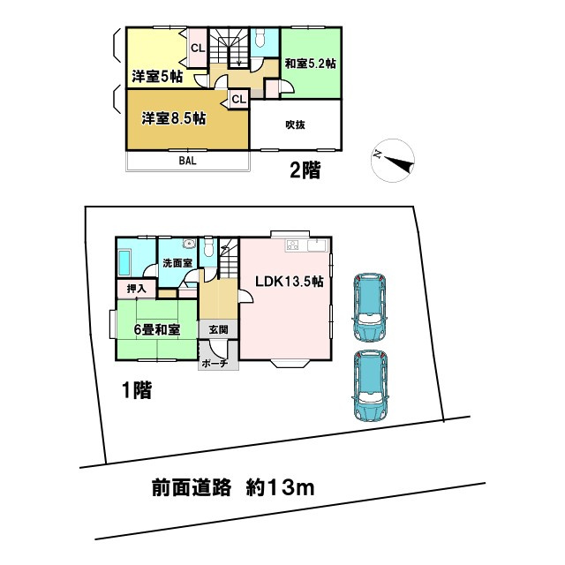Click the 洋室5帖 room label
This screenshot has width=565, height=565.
[157, 74]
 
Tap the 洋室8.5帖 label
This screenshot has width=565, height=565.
[175, 117]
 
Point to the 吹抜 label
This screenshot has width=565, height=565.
[294, 124]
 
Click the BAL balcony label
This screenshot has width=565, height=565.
[187, 162]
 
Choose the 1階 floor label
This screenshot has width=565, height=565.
[136, 388]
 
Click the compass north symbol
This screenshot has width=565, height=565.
[388, 159]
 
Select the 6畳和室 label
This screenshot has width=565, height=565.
[157, 329]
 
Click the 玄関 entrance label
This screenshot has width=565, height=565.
[218, 328]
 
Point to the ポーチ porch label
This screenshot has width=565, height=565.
[215, 363]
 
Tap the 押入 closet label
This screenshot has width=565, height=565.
[137, 288]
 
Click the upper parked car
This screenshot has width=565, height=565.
[368, 306]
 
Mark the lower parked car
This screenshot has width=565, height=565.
[369, 386]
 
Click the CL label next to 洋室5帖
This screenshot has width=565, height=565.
[197, 48]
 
